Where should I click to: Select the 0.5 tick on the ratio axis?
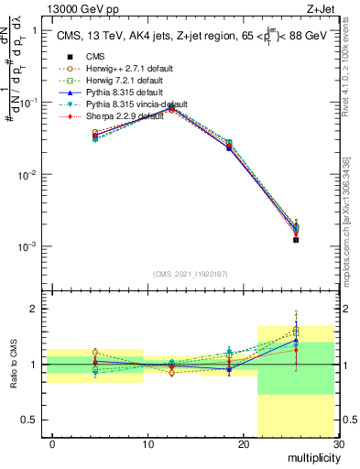click(x=30, y=420)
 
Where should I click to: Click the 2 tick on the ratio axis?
click(x=34, y=309)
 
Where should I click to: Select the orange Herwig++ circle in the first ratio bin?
click(x=95, y=352)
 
